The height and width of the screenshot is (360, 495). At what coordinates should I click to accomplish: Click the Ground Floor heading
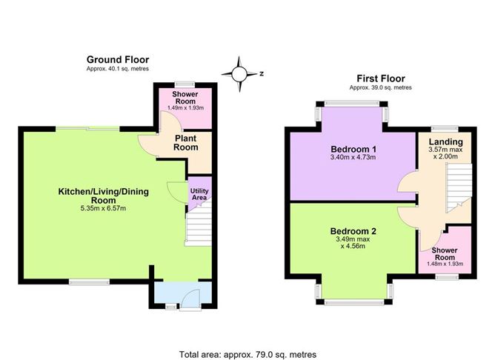click(x=118, y=60)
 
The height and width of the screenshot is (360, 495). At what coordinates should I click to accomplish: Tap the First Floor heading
click(x=381, y=79)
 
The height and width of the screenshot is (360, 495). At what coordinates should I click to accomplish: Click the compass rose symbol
click(x=239, y=74)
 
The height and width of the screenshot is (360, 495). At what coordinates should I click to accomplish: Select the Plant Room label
click(x=186, y=143)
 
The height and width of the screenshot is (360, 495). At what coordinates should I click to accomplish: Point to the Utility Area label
click(x=199, y=194)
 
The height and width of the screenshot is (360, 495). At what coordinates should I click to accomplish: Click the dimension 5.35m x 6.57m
click(x=103, y=208)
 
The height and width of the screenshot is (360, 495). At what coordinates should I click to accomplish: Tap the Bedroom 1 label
click(x=353, y=149)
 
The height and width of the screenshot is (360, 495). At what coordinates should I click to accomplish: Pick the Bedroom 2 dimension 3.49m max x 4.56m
click(x=353, y=243)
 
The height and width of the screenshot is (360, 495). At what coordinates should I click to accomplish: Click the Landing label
click(x=446, y=142)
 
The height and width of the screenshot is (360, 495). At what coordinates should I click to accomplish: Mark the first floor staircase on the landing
click(x=459, y=188)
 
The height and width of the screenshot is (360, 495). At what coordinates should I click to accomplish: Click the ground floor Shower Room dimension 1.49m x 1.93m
click(x=185, y=108)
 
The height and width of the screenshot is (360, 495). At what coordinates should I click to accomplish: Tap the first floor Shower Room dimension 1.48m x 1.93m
click(x=445, y=264)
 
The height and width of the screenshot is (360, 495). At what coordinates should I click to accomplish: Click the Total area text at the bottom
click(x=247, y=355)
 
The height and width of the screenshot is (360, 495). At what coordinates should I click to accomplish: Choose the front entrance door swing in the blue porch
click(x=190, y=298)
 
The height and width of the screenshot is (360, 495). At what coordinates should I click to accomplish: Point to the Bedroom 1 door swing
click(x=408, y=181)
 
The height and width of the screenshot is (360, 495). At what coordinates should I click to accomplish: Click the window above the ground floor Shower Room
click(x=185, y=84)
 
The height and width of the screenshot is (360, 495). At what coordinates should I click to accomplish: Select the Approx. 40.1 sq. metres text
click(x=118, y=69)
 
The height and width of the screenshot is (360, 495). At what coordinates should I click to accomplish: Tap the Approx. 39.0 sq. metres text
click(x=380, y=87)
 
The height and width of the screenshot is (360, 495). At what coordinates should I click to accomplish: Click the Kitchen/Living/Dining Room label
click(x=104, y=196)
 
